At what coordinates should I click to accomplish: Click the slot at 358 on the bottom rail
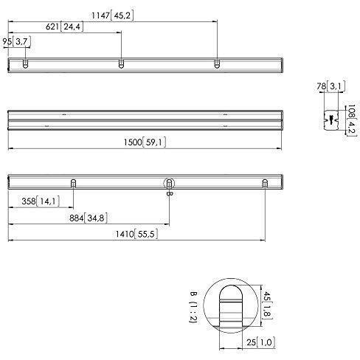click(x=73, y=183)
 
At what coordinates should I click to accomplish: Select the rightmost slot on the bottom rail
click(x=265, y=183)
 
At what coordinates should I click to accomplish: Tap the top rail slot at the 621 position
click(x=121, y=65)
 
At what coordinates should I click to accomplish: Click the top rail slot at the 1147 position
click(x=217, y=65)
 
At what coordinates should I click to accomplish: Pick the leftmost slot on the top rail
click(x=25, y=65)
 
